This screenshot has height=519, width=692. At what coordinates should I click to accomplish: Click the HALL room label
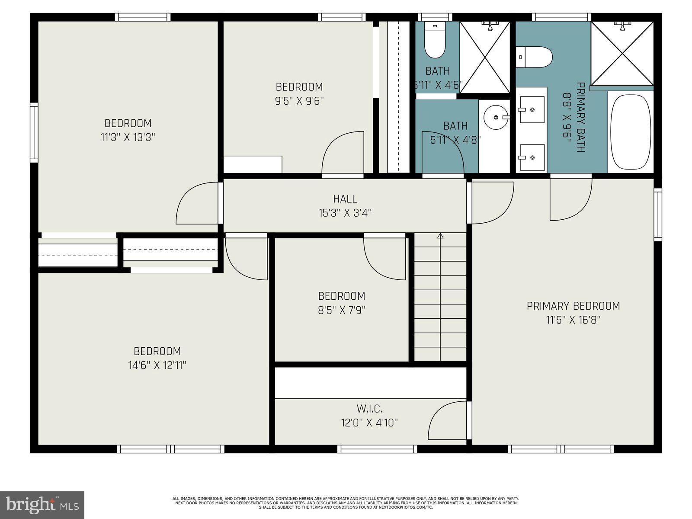pyautogui.click(x=345, y=199)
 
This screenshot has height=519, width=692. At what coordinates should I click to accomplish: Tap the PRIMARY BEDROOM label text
pyautogui.click(x=573, y=306)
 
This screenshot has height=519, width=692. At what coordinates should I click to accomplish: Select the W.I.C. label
pyautogui.click(x=369, y=409)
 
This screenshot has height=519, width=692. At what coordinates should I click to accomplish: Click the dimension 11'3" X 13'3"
pyautogui.click(x=128, y=138)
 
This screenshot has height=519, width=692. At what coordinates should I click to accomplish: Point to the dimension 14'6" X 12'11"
pyautogui.click(x=157, y=365)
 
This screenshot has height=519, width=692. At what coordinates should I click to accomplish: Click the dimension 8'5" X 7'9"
pyautogui.click(x=342, y=310)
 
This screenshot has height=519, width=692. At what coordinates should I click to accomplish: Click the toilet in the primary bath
pyautogui.click(x=534, y=57)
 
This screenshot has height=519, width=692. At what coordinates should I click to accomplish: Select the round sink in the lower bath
pyautogui.click(x=496, y=117)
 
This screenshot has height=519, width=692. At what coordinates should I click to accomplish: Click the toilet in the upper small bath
pyautogui.click(x=435, y=40)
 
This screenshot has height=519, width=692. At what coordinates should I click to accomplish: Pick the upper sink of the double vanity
pyautogui.click(x=532, y=109)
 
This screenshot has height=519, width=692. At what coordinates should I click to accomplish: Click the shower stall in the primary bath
pyautogui.click(x=622, y=54)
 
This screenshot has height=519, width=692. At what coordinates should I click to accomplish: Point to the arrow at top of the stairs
pyautogui.click(x=440, y=236)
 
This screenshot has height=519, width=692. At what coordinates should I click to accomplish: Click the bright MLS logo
pyautogui.click(x=42, y=505)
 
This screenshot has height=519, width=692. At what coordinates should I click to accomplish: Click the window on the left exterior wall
pyautogui.click(x=34, y=133)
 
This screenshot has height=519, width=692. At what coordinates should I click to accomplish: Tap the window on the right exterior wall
pyautogui.click(x=657, y=215)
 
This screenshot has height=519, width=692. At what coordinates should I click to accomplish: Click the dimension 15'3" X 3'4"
pyautogui.click(x=345, y=213)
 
